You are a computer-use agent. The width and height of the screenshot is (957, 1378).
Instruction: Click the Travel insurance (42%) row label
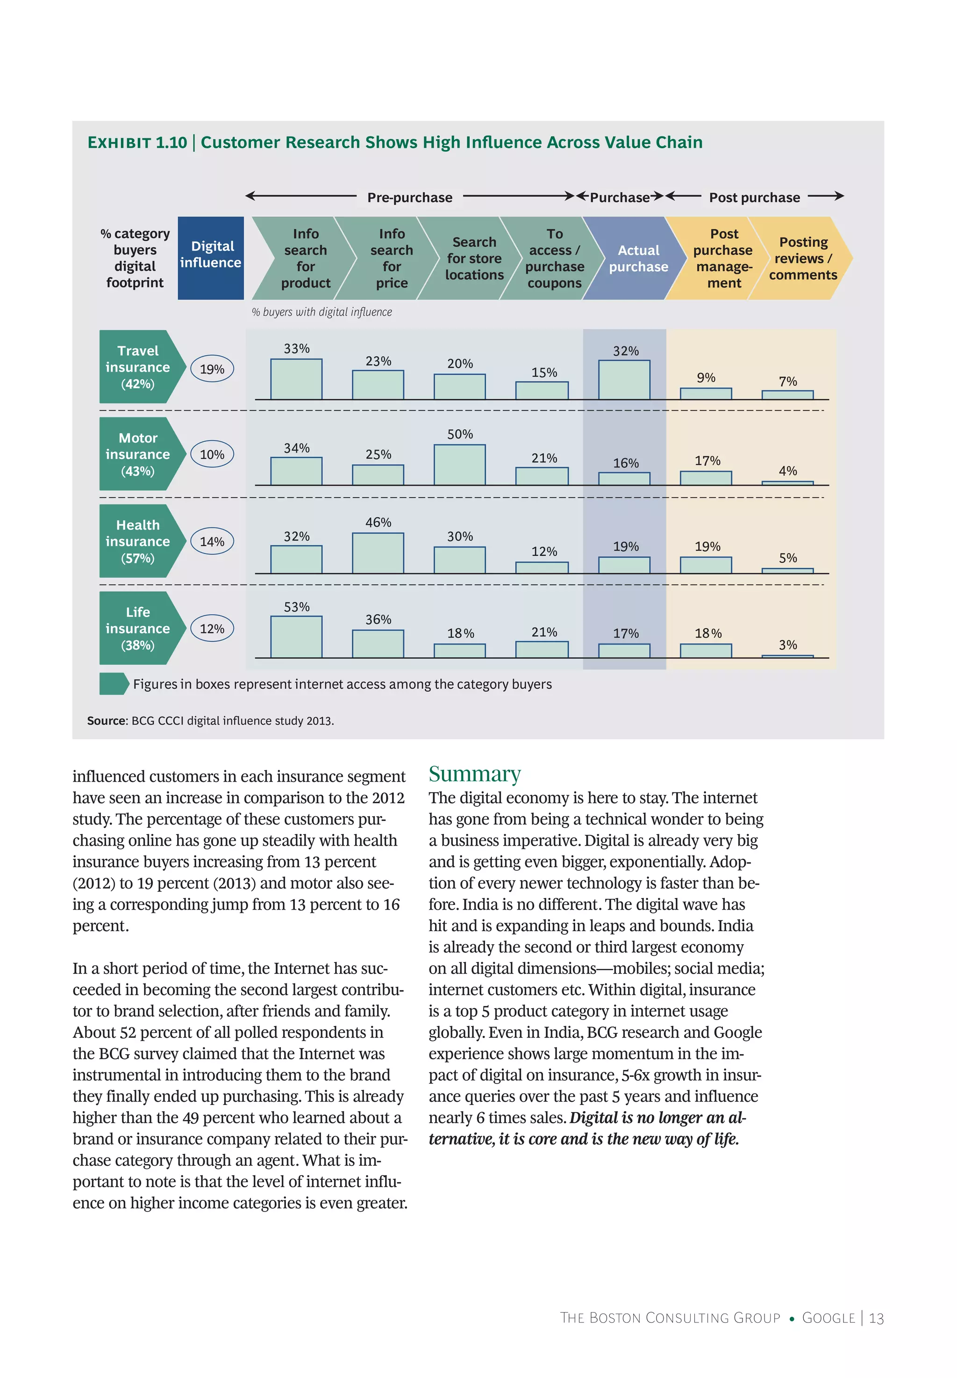coord(138,366)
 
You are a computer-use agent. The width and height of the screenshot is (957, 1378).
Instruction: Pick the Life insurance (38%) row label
coord(138,628)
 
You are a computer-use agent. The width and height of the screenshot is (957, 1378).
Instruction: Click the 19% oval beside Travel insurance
coord(212,369)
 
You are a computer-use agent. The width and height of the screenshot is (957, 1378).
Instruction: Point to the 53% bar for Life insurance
coord(296,636)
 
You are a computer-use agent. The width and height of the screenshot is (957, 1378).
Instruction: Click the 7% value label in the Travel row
coord(787,381)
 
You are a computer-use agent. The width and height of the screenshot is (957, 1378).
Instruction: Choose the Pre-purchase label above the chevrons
coord(409,197)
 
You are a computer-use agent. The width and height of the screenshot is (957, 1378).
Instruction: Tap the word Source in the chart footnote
coord(106,720)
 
